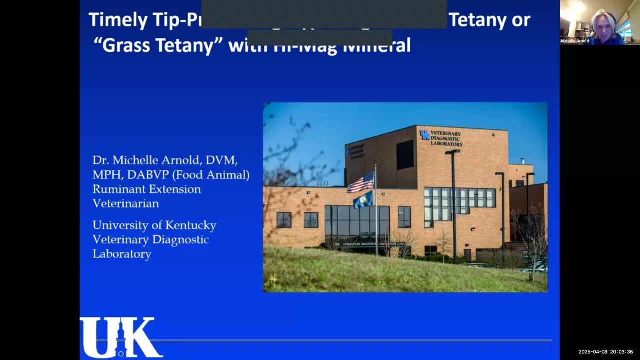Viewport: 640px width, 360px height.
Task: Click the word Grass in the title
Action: pyautogui.click(x=123, y=45)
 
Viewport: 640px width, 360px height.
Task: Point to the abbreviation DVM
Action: pyautogui.click(x=222, y=160)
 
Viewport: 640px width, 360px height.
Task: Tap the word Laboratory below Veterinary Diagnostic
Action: pyautogui.click(x=121, y=254)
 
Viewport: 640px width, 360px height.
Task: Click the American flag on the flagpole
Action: pyautogui.click(x=361, y=182)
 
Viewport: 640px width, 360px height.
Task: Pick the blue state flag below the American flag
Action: pyautogui.click(x=363, y=199)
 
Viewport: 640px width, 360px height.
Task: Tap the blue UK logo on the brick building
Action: pyautogui.click(x=424, y=134)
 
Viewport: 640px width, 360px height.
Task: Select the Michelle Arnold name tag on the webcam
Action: pyautogui.click(x=574, y=41)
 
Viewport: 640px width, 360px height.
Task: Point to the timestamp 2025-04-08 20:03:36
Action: pyautogui.click(x=605, y=352)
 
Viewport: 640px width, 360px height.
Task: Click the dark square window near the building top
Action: pyautogui.click(x=405, y=154)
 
